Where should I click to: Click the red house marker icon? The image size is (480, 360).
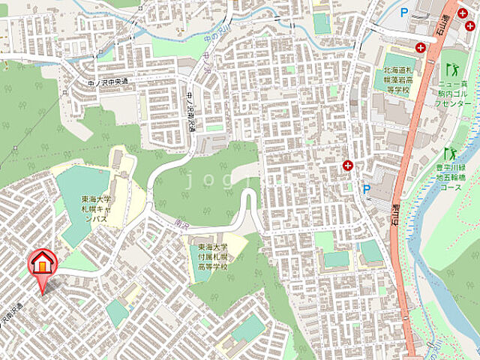(x=42, y=263)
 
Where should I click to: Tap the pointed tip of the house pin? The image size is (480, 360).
(x=42, y=293)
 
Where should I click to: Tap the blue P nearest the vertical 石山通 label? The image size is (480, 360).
(x=366, y=189)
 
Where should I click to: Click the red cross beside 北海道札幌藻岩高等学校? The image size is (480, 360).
(x=421, y=47)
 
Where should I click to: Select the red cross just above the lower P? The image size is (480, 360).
(x=348, y=165)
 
